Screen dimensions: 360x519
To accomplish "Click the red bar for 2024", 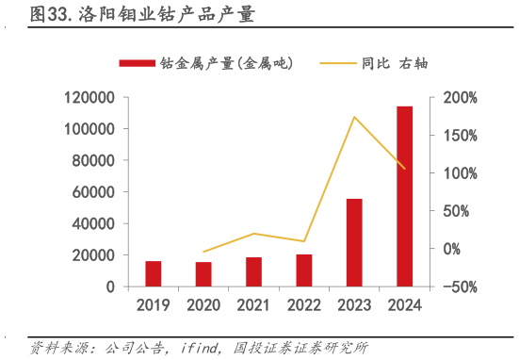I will click(404, 196).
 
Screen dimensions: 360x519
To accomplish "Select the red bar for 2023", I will click(354, 242).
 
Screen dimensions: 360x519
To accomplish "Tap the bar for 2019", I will click(154, 273).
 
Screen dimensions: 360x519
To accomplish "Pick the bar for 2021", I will click(253, 271).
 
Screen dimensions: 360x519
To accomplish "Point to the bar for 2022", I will click(303, 270).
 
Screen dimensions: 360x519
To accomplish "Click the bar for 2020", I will click(203, 274).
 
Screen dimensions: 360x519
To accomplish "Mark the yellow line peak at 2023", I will click(354, 117).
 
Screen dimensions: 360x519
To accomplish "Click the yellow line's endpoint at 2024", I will click(404, 169).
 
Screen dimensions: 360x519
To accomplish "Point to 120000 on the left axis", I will click(90, 97).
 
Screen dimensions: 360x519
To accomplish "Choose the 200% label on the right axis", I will click(461, 97).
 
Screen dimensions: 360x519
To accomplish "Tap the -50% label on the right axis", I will click(460, 286).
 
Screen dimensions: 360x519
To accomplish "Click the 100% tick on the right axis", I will click(461, 173).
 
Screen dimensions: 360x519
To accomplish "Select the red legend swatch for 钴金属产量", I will click(137, 63).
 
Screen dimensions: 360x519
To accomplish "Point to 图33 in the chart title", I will click(47, 16).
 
